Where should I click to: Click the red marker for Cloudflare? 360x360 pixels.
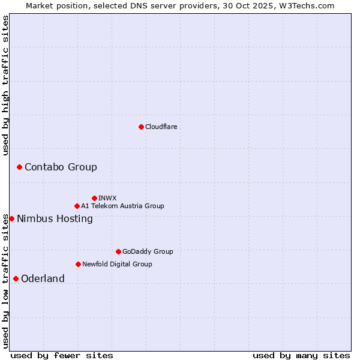(141, 127)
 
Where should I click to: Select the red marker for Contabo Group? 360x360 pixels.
(19, 167)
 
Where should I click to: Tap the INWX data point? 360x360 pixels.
(94, 198)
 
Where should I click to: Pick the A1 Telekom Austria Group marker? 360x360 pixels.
(77, 206)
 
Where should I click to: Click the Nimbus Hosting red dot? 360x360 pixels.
(11, 218)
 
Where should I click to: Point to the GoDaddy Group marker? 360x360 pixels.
(118, 251)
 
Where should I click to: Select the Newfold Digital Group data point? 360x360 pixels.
(78, 264)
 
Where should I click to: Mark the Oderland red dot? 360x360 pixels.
(16, 278)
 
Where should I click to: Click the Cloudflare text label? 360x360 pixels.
(161, 127)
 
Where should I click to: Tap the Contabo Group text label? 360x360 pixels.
(61, 167)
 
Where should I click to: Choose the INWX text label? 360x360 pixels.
(107, 198)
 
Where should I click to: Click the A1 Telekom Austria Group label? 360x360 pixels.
(122, 206)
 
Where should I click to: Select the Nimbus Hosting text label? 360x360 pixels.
(55, 218)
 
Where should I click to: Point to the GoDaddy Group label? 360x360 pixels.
(148, 251)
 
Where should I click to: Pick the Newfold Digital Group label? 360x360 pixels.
(117, 264)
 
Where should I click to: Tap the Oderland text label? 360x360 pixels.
(43, 278)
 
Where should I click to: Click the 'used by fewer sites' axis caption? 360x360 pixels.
(62, 355)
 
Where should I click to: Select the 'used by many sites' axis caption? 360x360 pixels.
(301, 355)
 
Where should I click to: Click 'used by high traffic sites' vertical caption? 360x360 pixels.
(6, 85)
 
